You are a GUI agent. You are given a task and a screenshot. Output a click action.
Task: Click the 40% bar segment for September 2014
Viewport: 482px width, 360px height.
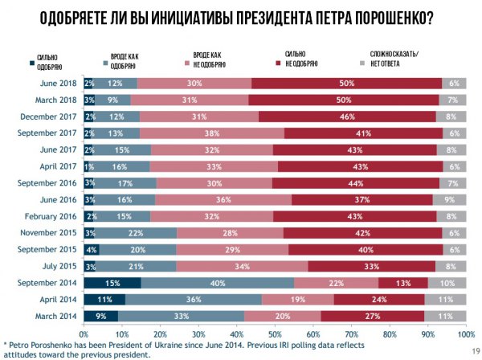click(x=217, y=282)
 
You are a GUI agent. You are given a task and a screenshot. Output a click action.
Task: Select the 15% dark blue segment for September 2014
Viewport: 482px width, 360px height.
click(x=112, y=282)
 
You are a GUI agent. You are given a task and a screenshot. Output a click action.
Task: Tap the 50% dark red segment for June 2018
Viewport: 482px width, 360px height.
click(x=346, y=83)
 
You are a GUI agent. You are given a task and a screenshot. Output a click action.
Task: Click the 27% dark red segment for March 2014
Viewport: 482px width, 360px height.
click(x=374, y=315)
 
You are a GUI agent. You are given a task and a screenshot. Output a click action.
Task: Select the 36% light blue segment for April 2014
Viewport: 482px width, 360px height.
click(x=194, y=299)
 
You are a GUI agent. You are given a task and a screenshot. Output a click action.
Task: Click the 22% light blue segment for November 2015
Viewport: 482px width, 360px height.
click(x=137, y=232)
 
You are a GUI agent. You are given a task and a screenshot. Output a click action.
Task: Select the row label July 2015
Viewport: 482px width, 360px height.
click(x=59, y=266)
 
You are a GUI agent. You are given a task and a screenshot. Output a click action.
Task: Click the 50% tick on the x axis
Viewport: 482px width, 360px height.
click(x=274, y=331)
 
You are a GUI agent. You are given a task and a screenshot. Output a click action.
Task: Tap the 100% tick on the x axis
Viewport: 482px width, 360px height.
click(x=464, y=331)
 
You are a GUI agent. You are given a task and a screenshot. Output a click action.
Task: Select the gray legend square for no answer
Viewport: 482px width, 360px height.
click(x=361, y=61)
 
